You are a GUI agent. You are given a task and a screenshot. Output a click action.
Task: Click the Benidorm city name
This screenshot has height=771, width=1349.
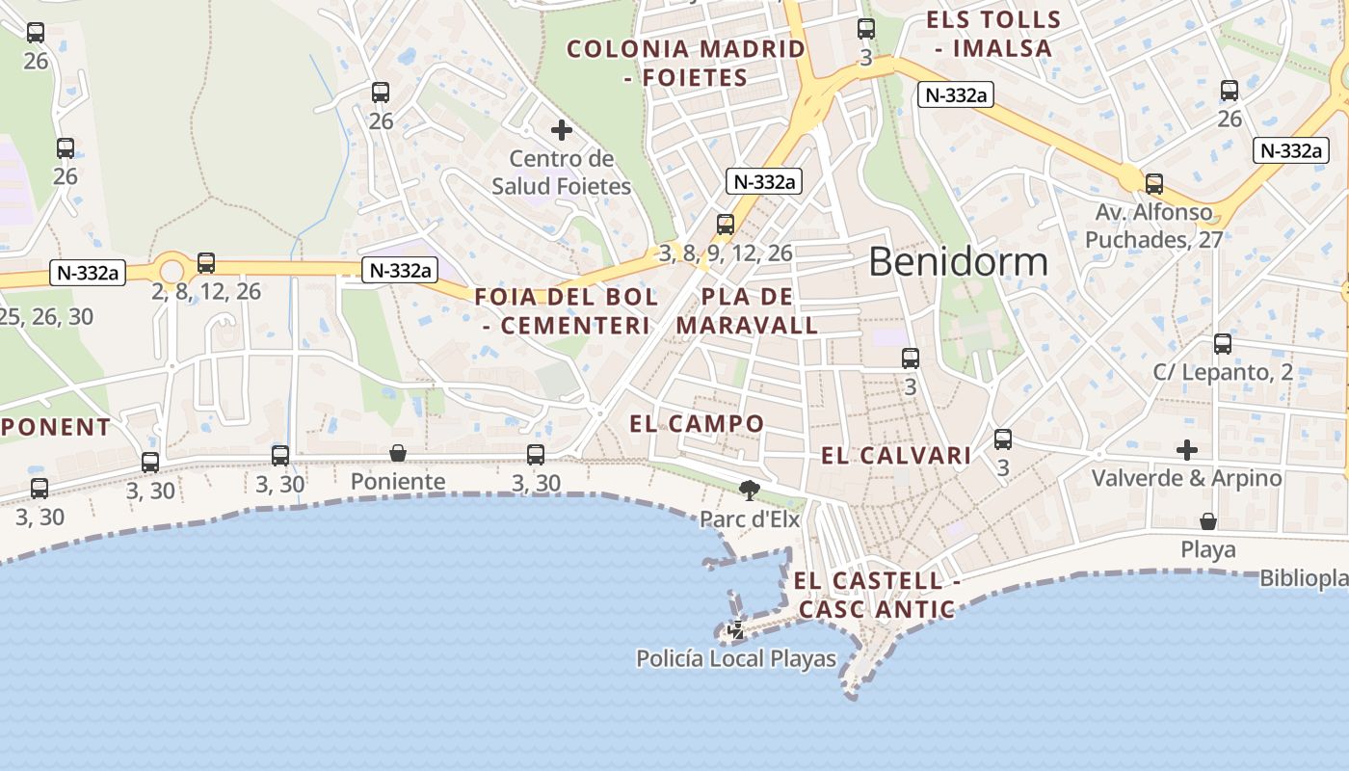(x=958, y=262)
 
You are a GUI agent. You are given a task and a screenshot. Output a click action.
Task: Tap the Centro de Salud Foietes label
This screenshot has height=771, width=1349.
(x=562, y=173)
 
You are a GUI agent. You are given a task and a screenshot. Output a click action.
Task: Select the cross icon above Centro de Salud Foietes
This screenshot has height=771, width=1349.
(x=562, y=129)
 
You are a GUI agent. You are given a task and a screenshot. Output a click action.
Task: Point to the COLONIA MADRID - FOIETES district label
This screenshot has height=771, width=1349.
(x=685, y=63)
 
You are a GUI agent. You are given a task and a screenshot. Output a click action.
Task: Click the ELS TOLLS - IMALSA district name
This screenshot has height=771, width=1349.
(x=992, y=33)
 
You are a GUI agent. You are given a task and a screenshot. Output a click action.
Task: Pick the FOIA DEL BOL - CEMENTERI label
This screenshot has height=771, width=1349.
(x=567, y=310)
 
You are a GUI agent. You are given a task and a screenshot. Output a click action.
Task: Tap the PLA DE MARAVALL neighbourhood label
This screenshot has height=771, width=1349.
(x=747, y=310)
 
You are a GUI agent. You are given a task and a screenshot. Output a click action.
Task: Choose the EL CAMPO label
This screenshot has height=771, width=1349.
(x=697, y=423)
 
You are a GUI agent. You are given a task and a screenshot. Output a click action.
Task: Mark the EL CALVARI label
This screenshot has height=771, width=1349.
(x=896, y=456)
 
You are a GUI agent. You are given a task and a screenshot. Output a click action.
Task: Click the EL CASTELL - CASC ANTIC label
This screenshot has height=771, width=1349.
(x=877, y=595)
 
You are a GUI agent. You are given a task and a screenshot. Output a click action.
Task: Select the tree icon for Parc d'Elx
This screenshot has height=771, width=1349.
(x=749, y=491)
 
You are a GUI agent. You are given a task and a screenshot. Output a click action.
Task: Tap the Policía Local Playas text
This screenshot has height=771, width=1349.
(x=736, y=659)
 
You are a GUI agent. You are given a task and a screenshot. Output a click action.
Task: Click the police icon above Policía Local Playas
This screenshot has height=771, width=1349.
(x=736, y=631)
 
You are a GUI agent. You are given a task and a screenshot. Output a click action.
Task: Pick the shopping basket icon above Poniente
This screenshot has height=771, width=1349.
(x=397, y=453)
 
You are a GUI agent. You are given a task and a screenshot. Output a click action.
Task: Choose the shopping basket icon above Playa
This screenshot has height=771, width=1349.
(x=1208, y=521)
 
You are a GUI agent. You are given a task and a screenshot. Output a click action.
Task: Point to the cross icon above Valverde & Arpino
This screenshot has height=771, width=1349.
(x=1187, y=449)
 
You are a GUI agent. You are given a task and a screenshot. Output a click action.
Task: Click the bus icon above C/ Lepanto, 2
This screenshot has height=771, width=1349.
(x=1223, y=343)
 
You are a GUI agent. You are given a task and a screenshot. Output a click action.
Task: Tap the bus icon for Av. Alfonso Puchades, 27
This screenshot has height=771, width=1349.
(x=1153, y=183)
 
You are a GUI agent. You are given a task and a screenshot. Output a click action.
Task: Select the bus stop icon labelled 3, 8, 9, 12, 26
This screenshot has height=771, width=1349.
(x=726, y=225)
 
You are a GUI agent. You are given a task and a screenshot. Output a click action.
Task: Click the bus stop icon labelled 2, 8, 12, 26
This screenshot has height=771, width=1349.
(x=206, y=262)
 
